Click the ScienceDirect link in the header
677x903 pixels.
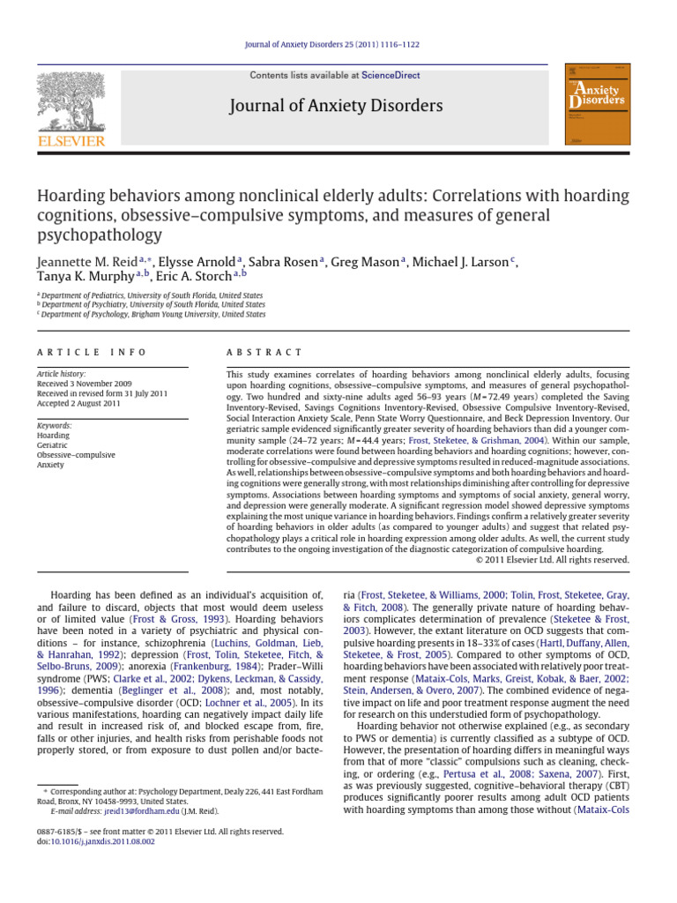coord(391,76)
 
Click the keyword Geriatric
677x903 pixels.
coord(54,445)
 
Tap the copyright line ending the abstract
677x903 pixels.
coord(552,559)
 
